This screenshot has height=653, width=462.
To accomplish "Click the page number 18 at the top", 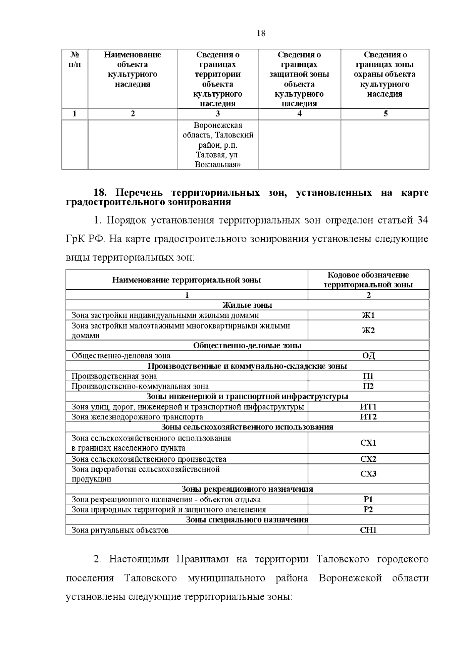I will (x=261, y=33).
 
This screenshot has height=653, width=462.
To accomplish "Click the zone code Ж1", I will (x=368, y=316).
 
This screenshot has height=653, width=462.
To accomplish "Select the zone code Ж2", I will (x=368, y=331).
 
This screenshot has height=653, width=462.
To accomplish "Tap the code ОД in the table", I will (x=368, y=356).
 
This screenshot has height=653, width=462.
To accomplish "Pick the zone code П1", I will (x=368, y=376).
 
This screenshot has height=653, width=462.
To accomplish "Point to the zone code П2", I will (x=368, y=386).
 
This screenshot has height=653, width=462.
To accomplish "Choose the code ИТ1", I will (x=368, y=407).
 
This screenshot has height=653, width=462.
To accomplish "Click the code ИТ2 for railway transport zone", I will (x=368, y=417).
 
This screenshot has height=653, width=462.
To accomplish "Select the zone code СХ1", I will (x=368, y=443).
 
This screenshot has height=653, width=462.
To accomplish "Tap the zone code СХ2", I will (x=368, y=459).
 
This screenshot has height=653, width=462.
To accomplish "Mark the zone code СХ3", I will (x=368, y=474).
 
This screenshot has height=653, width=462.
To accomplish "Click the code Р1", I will (x=368, y=499).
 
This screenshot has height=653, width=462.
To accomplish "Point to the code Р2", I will (x=368, y=509).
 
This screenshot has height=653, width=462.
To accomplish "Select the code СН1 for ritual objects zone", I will (x=368, y=530).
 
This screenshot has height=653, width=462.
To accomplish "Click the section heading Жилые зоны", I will (x=247, y=305).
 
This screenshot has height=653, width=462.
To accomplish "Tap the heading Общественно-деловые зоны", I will (x=247, y=346).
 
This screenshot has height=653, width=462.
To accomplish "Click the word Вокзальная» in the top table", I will (x=218, y=165).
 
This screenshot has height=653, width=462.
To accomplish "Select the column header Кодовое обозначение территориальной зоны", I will (x=368, y=280).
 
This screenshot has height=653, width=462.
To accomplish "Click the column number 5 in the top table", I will (x=385, y=114).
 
